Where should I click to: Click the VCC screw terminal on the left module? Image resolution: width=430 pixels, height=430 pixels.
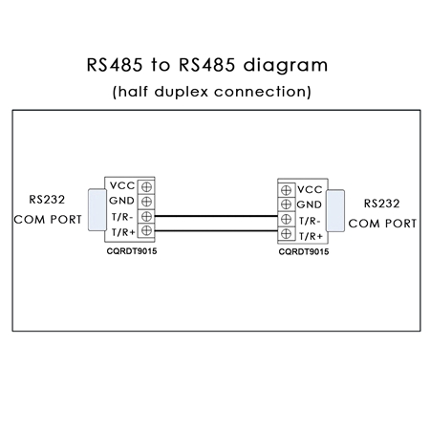pyautogui.click(x=146, y=187)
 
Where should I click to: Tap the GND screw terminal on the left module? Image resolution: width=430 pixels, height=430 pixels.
pyautogui.click(x=146, y=202)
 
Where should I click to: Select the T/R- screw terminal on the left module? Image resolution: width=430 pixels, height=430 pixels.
pyautogui.click(x=146, y=217)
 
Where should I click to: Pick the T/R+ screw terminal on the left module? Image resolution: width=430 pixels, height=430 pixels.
pyautogui.click(x=146, y=230)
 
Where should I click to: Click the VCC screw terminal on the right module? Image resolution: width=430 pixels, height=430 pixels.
pyautogui.click(x=287, y=190)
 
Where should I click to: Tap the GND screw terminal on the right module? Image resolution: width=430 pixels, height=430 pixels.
pyautogui.click(x=287, y=204)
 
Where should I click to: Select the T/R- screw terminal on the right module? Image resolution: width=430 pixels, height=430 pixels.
pyautogui.click(x=287, y=219)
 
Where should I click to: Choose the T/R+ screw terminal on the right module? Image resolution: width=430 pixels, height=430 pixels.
pyautogui.click(x=287, y=234)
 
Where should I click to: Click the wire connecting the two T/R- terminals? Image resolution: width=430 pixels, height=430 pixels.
pyautogui.click(x=216, y=216)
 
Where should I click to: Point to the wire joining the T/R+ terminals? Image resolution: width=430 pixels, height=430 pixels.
pyautogui.click(x=216, y=230)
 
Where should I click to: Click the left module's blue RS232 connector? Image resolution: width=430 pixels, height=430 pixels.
pyautogui.click(x=97, y=210)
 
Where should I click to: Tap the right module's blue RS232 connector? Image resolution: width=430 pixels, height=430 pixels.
pyautogui.click(x=335, y=211)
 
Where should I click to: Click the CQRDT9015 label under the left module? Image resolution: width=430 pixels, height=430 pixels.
pyautogui.click(x=132, y=251)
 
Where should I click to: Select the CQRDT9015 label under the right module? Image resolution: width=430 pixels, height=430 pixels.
pyautogui.click(x=304, y=252)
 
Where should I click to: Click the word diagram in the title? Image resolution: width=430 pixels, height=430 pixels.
pyautogui.click(x=286, y=66)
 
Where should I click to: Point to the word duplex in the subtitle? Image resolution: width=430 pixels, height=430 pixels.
pyautogui.click(x=182, y=92)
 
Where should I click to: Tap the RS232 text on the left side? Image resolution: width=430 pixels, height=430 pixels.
pyautogui.click(x=47, y=200)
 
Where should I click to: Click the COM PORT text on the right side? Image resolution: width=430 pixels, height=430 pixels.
pyautogui.click(x=382, y=224)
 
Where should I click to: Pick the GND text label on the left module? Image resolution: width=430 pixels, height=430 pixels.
pyautogui.click(x=121, y=201)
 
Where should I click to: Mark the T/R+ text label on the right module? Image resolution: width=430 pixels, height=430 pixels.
pyautogui.click(x=311, y=236)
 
